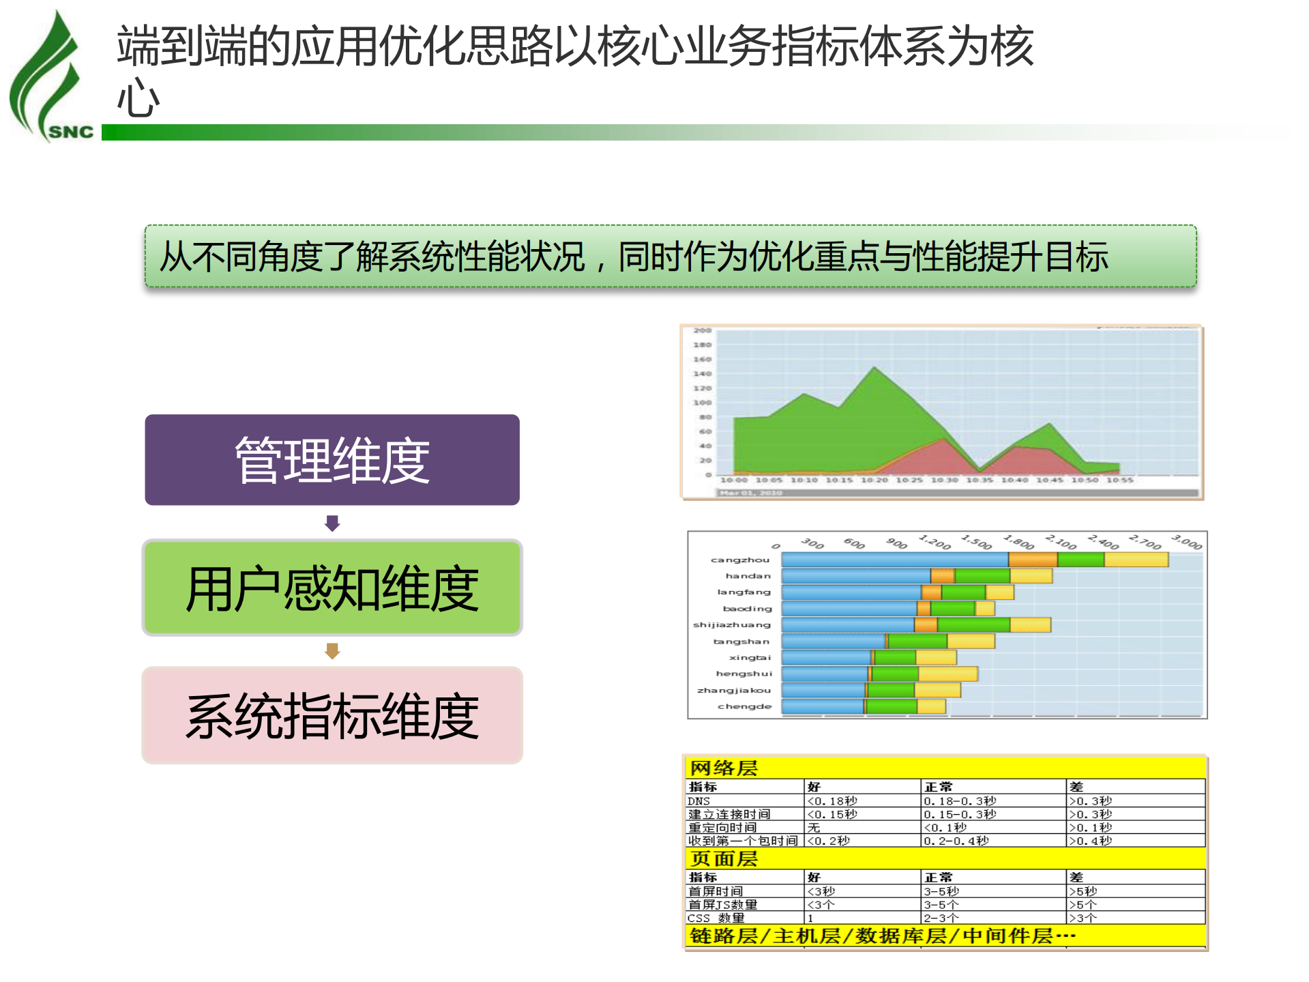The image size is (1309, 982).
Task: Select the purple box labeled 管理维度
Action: [332, 460]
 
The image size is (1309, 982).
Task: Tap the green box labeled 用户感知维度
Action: [332, 588]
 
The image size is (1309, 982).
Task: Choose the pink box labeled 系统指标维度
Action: [332, 715]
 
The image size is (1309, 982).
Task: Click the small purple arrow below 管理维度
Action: [332, 523]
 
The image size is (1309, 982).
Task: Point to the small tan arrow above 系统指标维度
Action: [332, 651]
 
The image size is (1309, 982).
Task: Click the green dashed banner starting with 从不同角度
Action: [671, 257]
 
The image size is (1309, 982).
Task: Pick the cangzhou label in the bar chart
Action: [740, 560]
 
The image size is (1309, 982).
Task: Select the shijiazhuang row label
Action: [732, 625]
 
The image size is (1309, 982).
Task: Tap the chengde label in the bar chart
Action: [744, 707]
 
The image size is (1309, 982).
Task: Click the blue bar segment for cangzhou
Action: [894, 560]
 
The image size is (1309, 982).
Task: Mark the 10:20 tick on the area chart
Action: [874, 480]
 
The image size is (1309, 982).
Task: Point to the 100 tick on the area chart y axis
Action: [703, 403]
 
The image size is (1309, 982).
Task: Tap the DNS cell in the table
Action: [699, 801]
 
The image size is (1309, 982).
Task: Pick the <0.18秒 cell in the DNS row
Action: [832, 801]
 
